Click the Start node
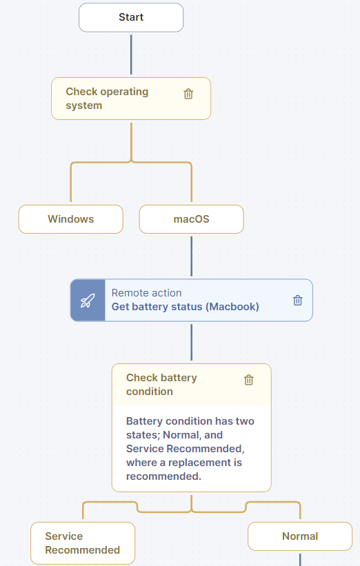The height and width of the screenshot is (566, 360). click(131, 17)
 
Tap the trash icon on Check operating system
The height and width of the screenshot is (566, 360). click(188, 94)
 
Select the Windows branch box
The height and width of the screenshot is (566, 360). click(71, 219)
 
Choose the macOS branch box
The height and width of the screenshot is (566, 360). click(191, 219)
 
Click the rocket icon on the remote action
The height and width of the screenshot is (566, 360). click(88, 301)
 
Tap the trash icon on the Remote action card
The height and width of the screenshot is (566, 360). click(297, 300)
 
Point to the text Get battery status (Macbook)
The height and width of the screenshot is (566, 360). click(186, 307)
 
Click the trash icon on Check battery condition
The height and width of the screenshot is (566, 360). click(249, 380)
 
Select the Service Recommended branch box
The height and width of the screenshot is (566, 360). click(83, 543)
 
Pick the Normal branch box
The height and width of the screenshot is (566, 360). click(300, 536)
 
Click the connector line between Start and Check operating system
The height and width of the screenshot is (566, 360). click(131, 54)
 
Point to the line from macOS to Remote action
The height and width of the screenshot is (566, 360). click(191, 256)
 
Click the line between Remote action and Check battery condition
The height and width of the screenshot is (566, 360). click(191, 342)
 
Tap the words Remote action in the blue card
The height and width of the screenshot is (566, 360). click(147, 293)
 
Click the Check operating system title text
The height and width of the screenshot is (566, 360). click(108, 99)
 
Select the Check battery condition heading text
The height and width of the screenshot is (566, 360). click(162, 385)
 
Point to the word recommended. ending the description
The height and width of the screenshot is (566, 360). click(163, 476)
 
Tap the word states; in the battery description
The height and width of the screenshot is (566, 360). click(143, 435)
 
